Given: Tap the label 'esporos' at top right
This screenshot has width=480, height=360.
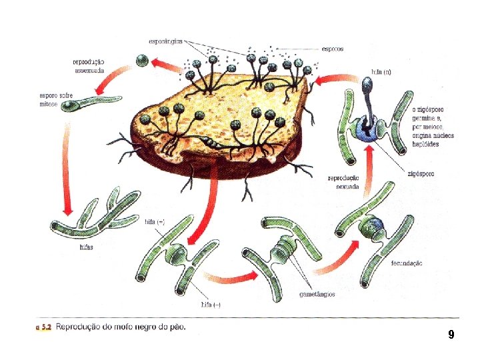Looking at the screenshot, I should point(333,49).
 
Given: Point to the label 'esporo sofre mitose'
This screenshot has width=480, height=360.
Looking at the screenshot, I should point(56,99).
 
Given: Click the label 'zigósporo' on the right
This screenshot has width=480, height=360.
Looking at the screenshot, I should point(421,173).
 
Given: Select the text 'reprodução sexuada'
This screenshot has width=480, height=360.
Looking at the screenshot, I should point(343,183).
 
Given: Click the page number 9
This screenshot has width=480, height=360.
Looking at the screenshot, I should point(451,334).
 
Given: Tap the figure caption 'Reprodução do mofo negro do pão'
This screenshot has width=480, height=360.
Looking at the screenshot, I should point(121,327).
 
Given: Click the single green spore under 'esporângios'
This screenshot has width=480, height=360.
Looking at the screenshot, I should point(141,61).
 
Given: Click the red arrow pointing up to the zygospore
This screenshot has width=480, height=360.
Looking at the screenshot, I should point(370,167).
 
